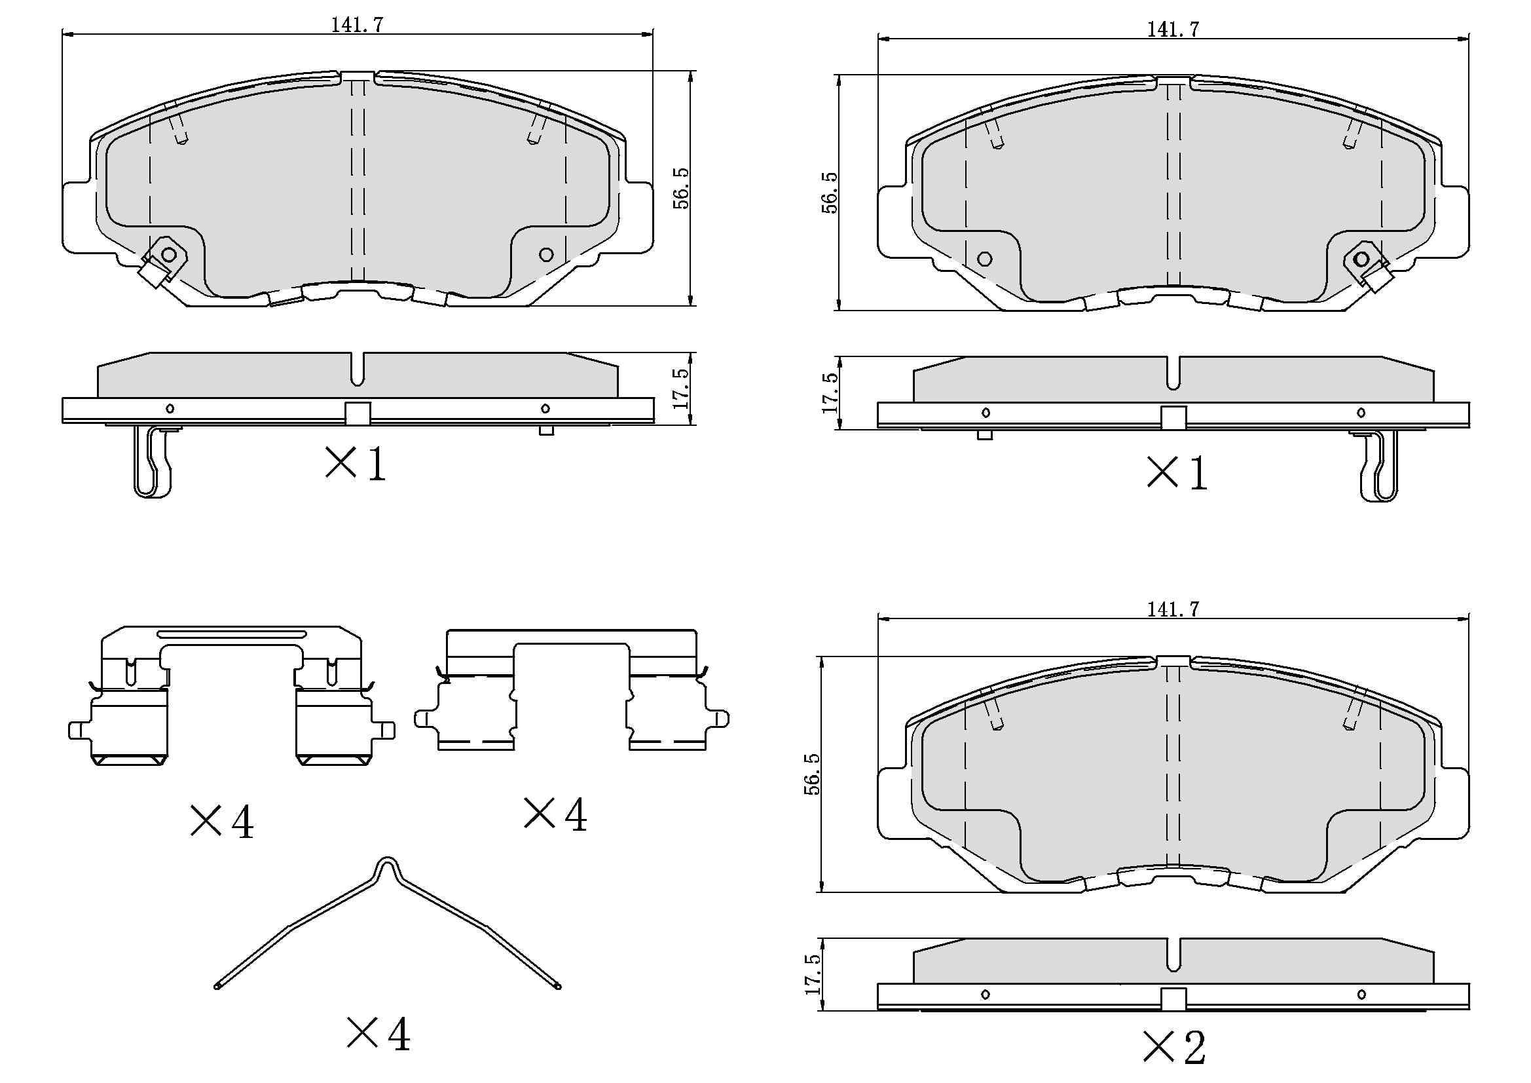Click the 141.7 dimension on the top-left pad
click(x=357, y=25)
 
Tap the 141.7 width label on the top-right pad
click(x=1173, y=29)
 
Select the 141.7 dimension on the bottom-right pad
click(x=1173, y=609)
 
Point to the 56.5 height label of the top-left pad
click(x=681, y=188)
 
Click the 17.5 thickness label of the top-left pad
click(x=681, y=389)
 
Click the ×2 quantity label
click(x=1174, y=1047)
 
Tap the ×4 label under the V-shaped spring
click(x=378, y=1035)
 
